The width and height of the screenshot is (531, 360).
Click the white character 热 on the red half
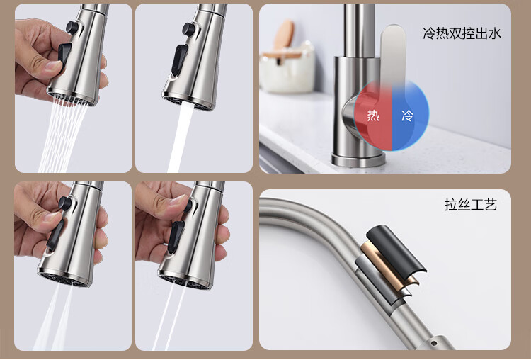coord(373,116)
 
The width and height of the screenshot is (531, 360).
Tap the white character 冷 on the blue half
coord(407,116)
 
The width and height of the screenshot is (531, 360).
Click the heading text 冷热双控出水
coord(462,33)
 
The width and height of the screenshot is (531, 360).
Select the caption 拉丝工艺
coord(471,205)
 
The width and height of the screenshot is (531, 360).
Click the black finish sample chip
coord(396,249)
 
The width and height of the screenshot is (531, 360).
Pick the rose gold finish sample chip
coord(389,266)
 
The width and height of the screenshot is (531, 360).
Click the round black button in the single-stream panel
coord(188,29)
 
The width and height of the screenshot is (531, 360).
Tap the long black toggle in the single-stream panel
coord(179,60)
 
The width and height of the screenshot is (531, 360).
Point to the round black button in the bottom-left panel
coord(64,203)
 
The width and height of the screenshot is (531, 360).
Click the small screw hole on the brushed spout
coord(434,343)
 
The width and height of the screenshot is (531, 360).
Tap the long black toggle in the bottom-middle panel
coord(176,237)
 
